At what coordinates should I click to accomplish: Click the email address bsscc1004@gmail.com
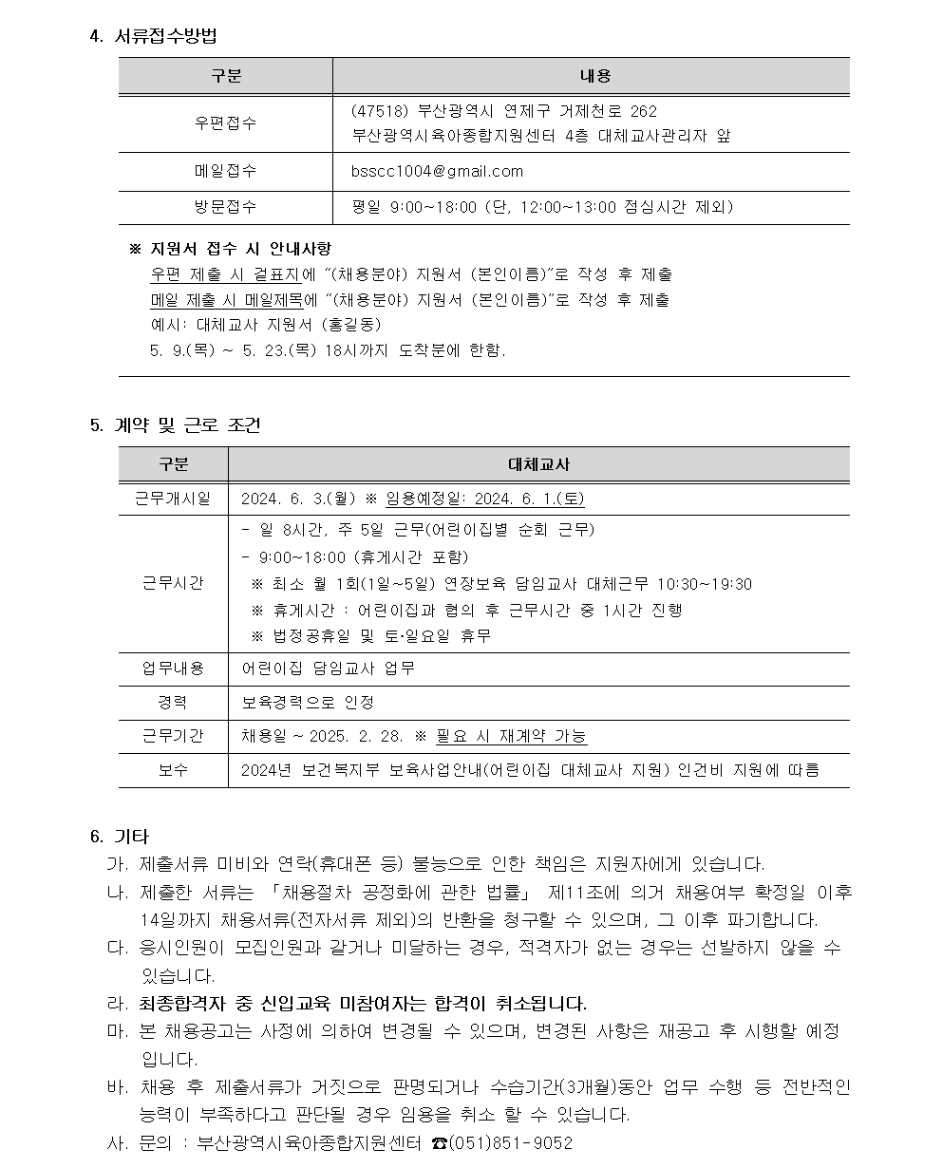437,171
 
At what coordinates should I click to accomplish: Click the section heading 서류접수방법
166,37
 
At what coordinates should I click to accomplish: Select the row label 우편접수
225,122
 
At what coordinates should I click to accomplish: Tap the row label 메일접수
225,171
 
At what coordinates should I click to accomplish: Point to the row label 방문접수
225,206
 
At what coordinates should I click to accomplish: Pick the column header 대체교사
539,463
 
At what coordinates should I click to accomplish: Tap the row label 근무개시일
173,499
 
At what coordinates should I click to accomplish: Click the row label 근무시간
173,583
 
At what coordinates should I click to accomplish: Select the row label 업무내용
173,669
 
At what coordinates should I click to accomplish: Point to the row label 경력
173,703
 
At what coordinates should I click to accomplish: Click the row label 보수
173,770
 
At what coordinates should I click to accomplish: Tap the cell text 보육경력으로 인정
308,703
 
